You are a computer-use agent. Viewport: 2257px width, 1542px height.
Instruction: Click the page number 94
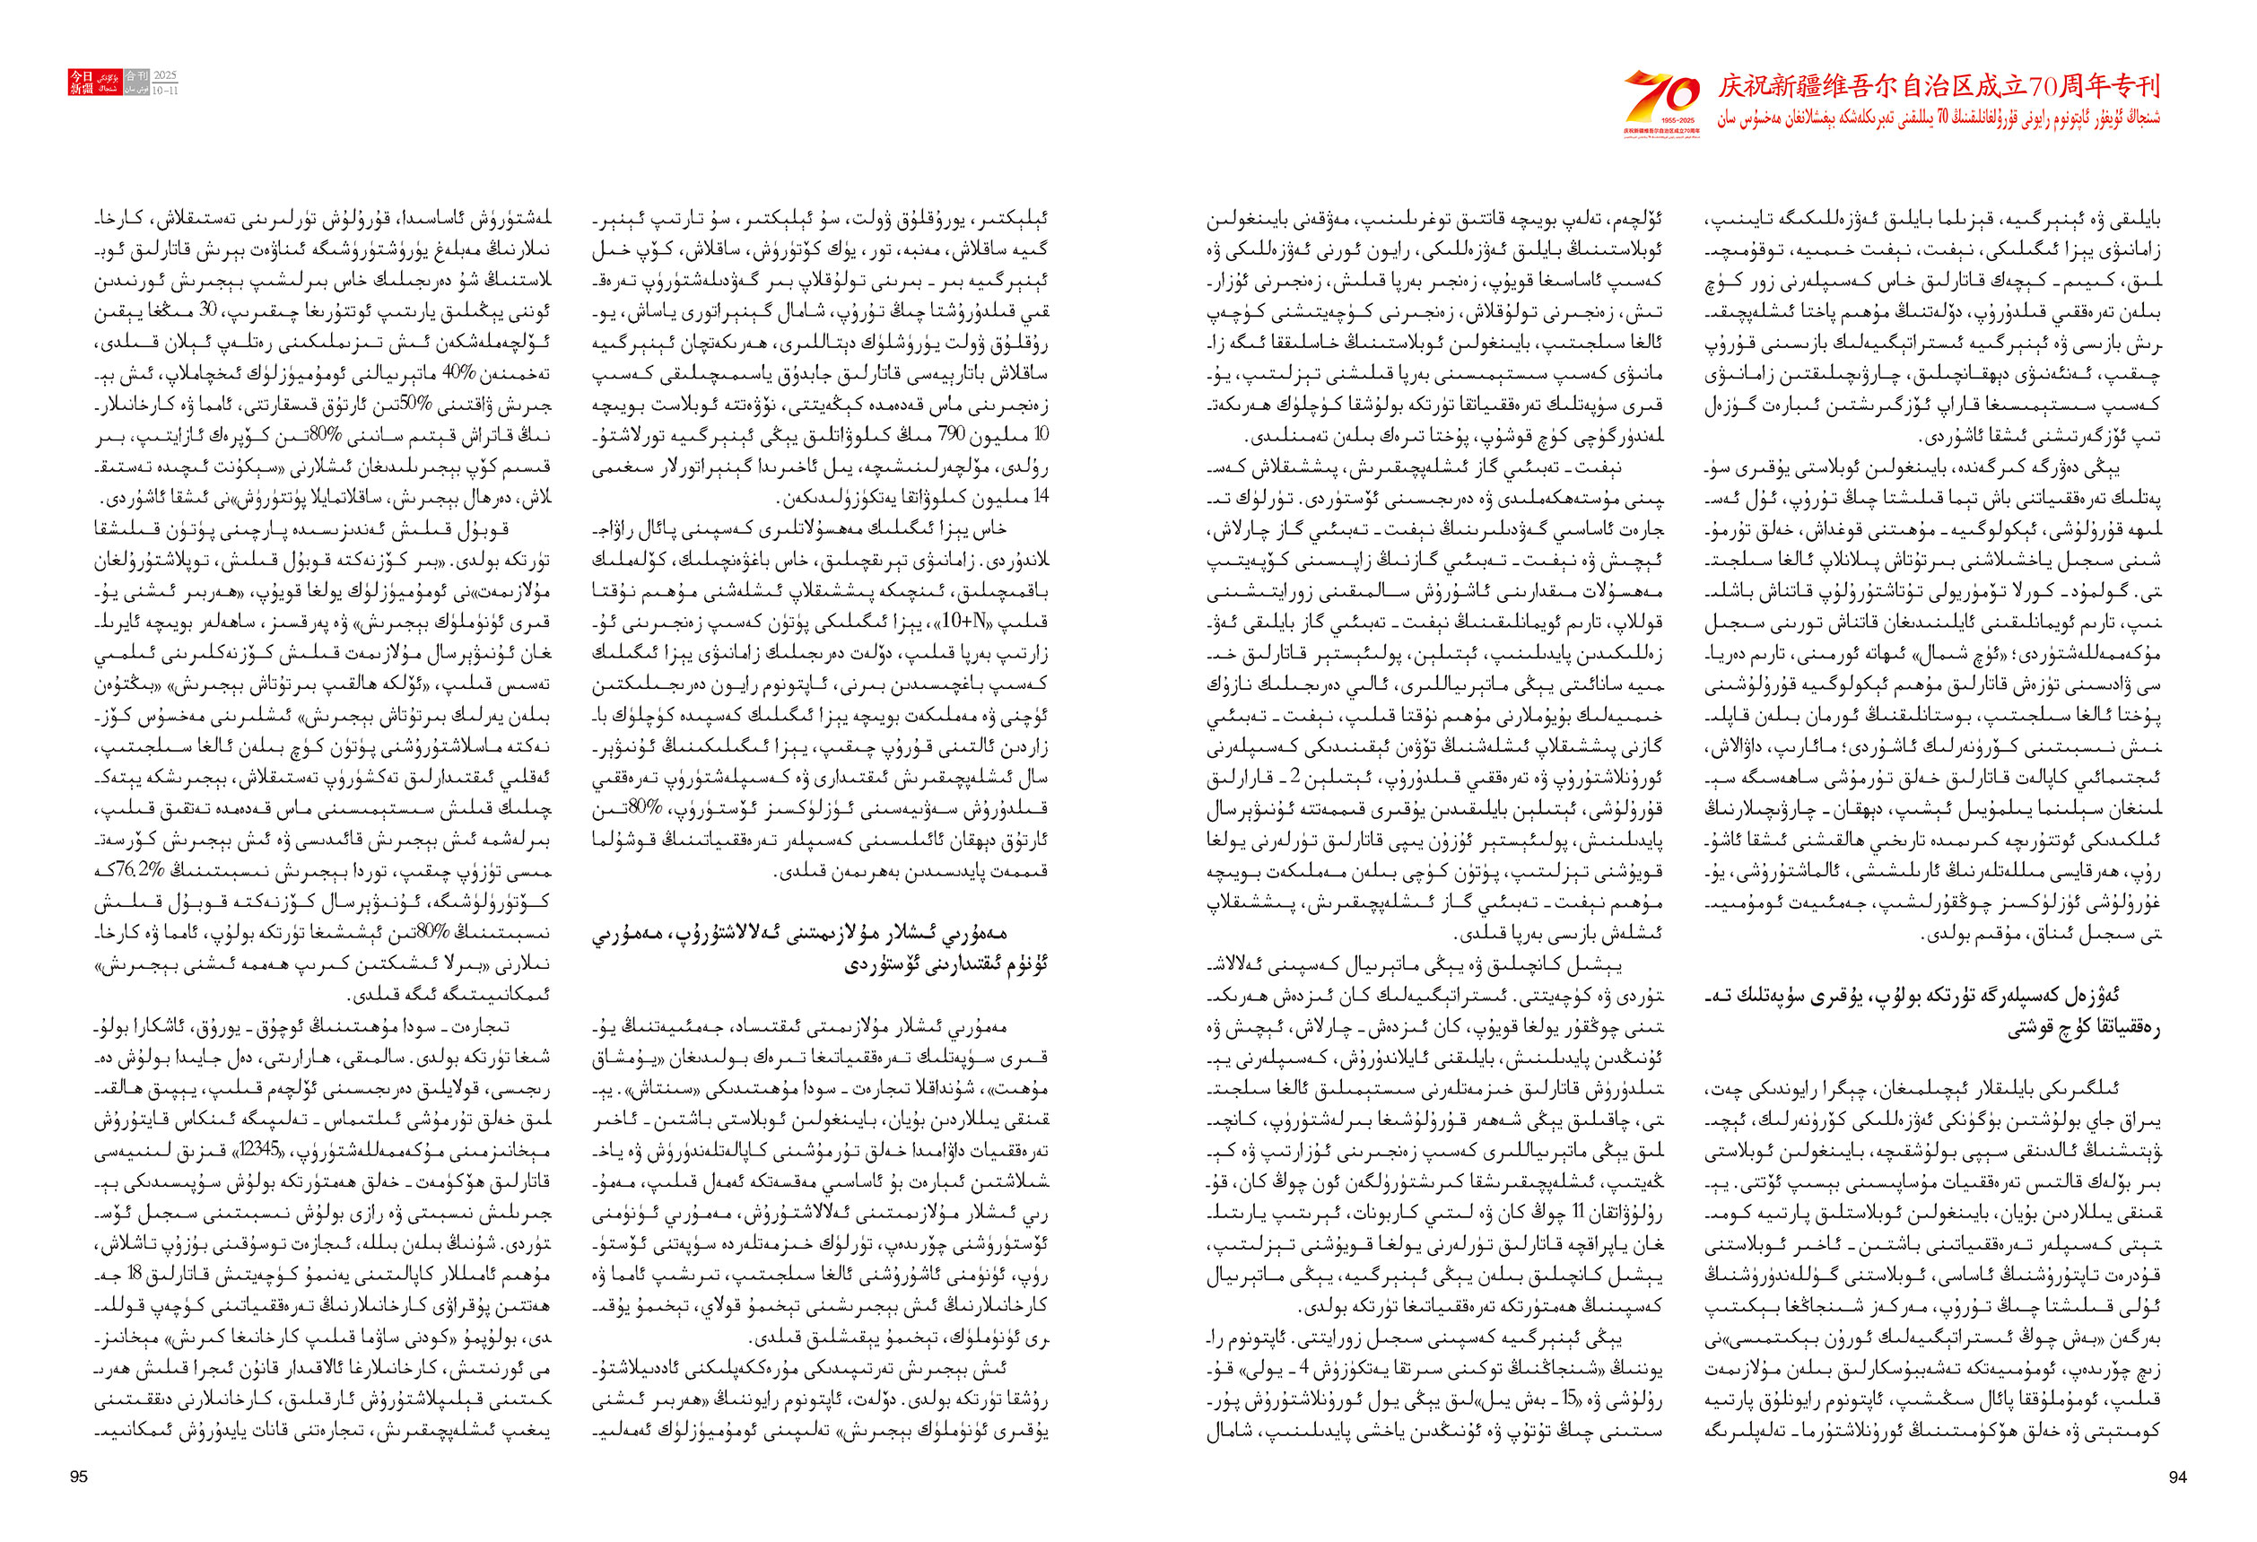pyautogui.click(x=2177, y=1477)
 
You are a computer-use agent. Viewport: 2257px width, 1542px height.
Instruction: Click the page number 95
pyautogui.click(x=79, y=1477)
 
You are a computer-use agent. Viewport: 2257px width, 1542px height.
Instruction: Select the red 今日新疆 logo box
pyautogui.click(x=81, y=82)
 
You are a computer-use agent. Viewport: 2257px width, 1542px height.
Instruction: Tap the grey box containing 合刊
pyautogui.click(x=137, y=74)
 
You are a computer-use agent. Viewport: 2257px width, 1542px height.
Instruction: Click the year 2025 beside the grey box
pyautogui.click(x=165, y=74)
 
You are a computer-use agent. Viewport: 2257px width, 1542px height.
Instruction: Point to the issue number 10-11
pyautogui.click(x=165, y=91)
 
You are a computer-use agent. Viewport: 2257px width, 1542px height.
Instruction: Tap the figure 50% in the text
pyautogui.click(x=402, y=405)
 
